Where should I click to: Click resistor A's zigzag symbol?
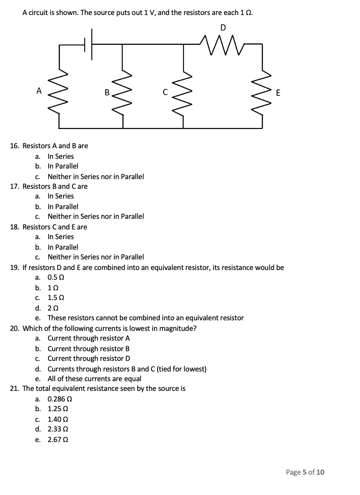click(x=59, y=91)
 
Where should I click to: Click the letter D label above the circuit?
click(x=223, y=27)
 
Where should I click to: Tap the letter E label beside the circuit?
click(x=277, y=93)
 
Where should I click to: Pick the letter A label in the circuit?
click(x=39, y=91)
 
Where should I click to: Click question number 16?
click(x=15, y=146)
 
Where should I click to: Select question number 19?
click(x=15, y=267)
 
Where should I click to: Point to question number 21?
click(x=15, y=388)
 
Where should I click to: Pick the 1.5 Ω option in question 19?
click(x=56, y=297)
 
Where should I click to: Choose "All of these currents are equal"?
click(x=94, y=379)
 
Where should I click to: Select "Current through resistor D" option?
click(x=89, y=358)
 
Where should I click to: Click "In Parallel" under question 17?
click(x=63, y=206)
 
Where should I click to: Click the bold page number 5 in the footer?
click(x=304, y=472)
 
